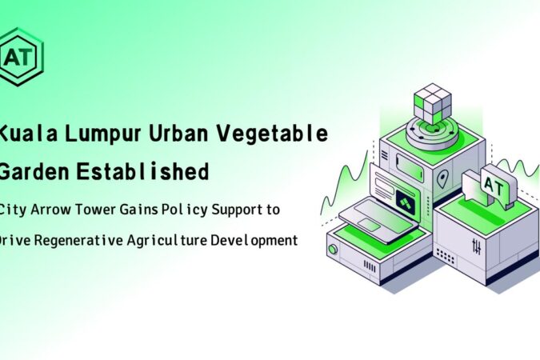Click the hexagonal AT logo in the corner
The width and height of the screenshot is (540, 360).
click(22, 57)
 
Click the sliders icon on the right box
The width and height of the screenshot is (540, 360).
click(477, 246)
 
